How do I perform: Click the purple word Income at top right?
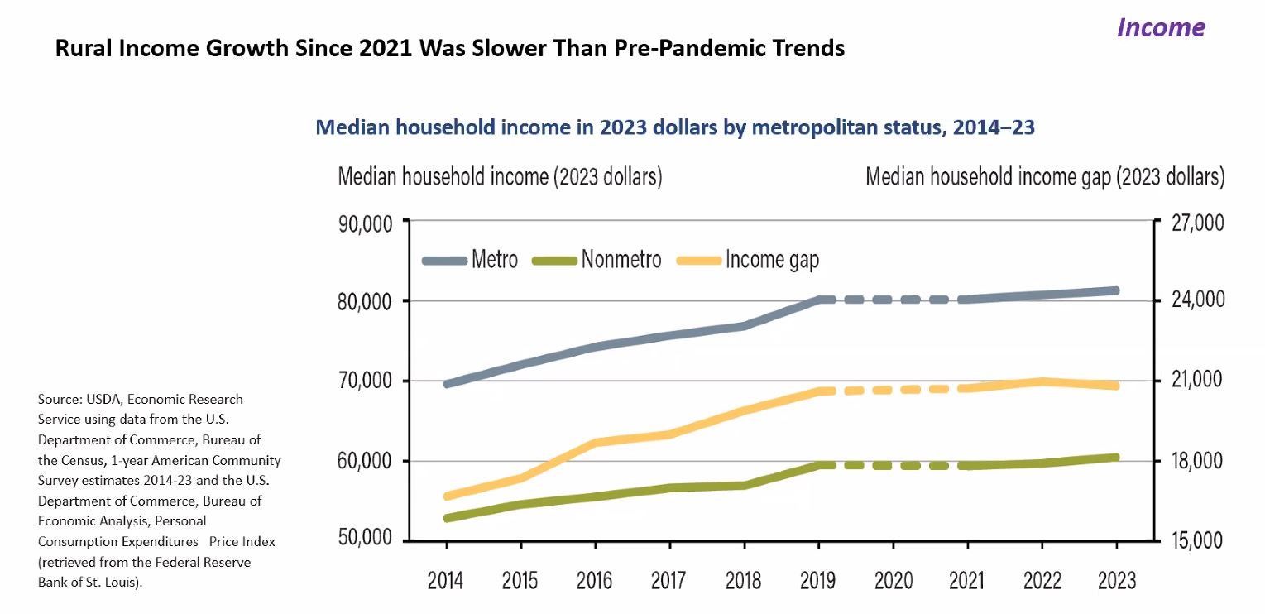[x=1160, y=27]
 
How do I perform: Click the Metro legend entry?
[x=494, y=260]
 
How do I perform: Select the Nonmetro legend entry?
[x=621, y=260]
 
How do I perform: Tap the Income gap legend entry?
[x=771, y=260]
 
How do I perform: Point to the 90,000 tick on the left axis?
[x=367, y=223]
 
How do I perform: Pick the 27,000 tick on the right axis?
[x=1193, y=223]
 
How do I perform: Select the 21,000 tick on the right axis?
[x=1193, y=380]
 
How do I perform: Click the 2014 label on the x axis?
[x=446, y=580]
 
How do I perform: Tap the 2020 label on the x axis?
[x=893, y=580]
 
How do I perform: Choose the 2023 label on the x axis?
[x=1116, y=580]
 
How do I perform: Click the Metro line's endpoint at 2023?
[x=1116, y=290]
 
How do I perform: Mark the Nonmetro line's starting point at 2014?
[x=447, y=518]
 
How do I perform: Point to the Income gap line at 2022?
[x=1042, y=381]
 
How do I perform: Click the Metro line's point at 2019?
[x=819, y=300]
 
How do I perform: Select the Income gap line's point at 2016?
[x=596, y=443]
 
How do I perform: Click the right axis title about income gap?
[x=1044, y=177]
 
